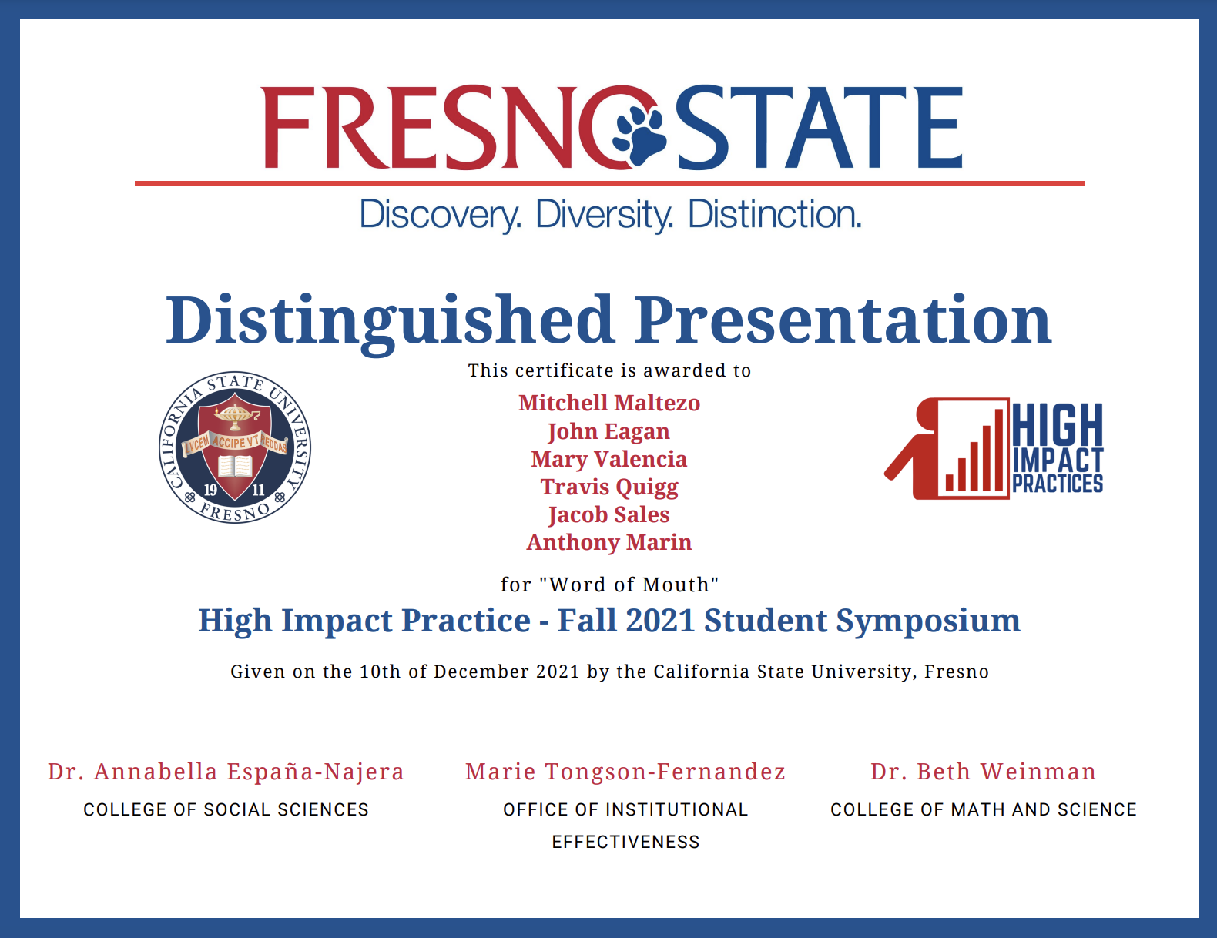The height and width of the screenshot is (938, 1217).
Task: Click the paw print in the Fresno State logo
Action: tap(639, 136)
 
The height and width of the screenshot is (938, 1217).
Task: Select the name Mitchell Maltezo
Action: tap(608, 404)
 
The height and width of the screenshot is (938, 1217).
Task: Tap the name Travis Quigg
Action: tap(608, 487)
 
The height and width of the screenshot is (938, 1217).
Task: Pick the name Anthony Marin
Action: tap(608, 543)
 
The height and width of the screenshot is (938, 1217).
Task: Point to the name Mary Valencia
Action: tap(608, 459)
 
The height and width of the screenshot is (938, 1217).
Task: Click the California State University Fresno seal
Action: tap(235, 447)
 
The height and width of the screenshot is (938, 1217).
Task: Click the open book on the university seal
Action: tap(235, 466)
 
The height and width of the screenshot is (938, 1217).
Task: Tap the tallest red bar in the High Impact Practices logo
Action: tap(998, 451)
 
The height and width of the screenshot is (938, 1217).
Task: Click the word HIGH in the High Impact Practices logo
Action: tap(1058, 425)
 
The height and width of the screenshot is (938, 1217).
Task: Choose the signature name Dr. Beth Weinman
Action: tap(984, 772)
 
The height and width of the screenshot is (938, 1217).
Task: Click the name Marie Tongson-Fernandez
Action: tap(625, 772)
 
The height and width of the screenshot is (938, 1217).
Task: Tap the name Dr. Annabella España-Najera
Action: tap(226, 772)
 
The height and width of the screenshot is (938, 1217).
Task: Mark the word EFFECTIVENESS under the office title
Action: tap(625, 843)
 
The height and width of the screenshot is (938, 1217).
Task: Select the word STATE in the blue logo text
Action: tap(820, 128)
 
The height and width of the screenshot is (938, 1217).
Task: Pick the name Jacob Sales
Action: tap(608, 515)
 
